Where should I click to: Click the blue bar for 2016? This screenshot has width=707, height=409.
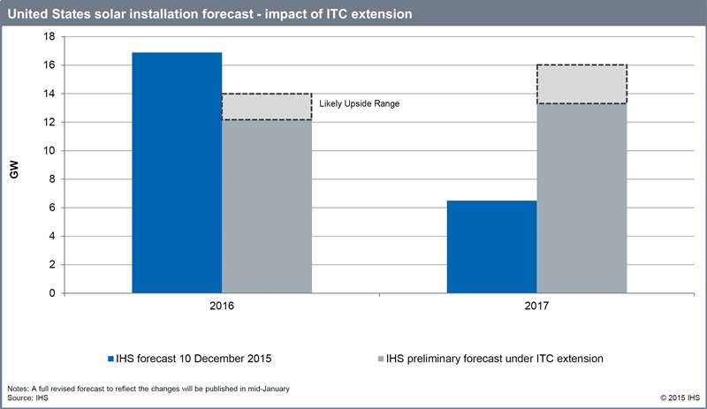click(x=177, y=172)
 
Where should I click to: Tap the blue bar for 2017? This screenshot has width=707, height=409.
click(x=491, y=246)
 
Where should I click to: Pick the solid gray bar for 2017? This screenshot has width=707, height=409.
click(x=582, y=198)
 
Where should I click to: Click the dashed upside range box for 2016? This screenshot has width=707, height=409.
click(x=266, y=106)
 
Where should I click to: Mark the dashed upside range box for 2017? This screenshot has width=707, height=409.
click(x=582, y=84)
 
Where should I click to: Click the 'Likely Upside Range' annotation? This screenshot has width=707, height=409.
click(x=360, y=103)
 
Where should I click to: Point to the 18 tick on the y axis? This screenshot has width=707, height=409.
click(x=49, y=37)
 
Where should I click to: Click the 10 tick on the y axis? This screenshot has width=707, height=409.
click(x=49, y=151)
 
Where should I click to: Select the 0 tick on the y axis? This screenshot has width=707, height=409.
click(x=52, y=293)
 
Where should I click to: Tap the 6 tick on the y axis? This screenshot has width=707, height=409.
click(x=52, y=208)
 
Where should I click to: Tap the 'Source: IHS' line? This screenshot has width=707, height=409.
click(x=28, y=399)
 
